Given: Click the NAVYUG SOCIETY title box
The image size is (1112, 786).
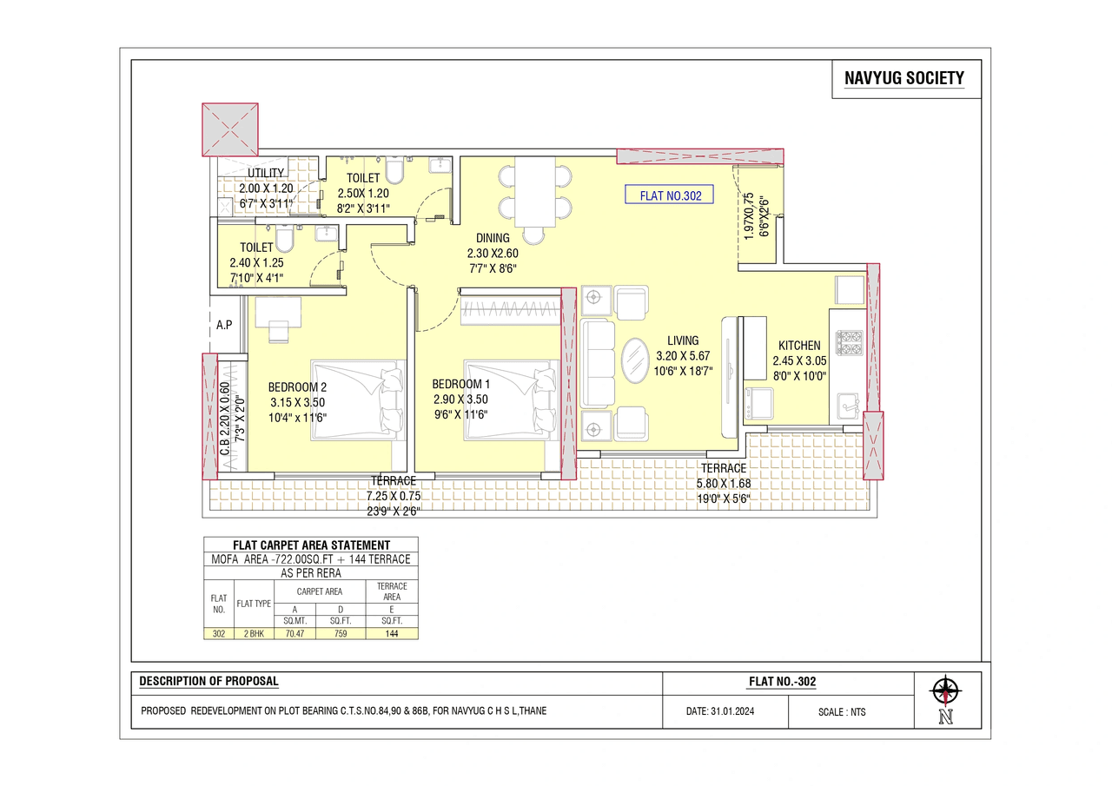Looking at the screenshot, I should pyautogui.click(x=903, y=79).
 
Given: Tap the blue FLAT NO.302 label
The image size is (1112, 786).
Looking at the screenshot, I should pyautogui.click(x=669, y=195).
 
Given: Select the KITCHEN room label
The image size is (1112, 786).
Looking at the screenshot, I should pyautogui.click(x=798, y=346).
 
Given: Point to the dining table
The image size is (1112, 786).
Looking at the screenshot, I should pyautogui.click(x=534, y=191).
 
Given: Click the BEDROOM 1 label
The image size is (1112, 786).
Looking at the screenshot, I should pyautogui.click(x=460, y=384).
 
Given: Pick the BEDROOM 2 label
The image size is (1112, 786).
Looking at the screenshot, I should pyautogui.click(x=297, y=386).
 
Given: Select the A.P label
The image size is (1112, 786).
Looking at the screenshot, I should pyautogui.click(x=224, y=325).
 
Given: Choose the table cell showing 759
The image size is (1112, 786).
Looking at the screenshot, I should pyautogui.click(x=341, y=633).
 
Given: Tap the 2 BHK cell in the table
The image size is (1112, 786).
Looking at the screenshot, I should pyautogui.click(x=255, y=633).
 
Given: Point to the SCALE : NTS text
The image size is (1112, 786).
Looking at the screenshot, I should pyautogui.click(x=841, y=712).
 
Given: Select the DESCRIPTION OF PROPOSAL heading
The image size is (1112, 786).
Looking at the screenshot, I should pyautogui.click(x=208, y=682).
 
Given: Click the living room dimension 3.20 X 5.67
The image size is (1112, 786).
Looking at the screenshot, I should pyautogui.click(x=683, y=355).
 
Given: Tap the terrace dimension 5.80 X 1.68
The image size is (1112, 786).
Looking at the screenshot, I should pyautogui.click(x=724, y=484).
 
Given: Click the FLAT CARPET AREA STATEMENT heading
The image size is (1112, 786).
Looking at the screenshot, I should pyautogui.click(x=311, y=545).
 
